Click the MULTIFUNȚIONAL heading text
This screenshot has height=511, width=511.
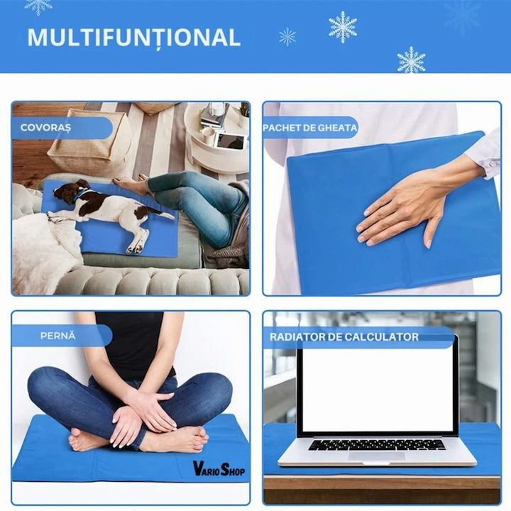click(134, 38)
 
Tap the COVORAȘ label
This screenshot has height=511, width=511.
click(45, 128)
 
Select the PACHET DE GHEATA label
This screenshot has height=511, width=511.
click(310, 128)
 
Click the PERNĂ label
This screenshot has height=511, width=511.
click(58, 336)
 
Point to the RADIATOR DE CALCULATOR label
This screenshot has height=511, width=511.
click(344, 337)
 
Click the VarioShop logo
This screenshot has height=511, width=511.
click(219, 468)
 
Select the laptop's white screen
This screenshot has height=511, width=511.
click(378, 388)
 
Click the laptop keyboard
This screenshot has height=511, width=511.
click(377, 444)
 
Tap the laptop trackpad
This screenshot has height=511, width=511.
click(376, 456)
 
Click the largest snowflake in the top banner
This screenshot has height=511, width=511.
click(343, 27)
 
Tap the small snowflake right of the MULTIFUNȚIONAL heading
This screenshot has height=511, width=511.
click(287, 36)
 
